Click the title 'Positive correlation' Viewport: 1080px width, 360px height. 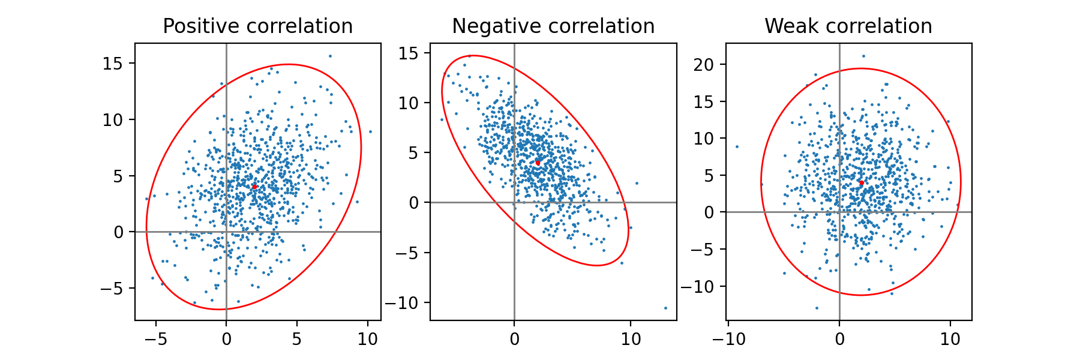pos(257,26)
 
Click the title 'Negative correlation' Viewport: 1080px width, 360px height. pos(553,26)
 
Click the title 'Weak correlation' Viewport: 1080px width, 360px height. pos(848,26)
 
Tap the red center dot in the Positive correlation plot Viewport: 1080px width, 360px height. pos(254,187)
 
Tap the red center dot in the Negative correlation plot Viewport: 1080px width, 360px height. pos(538,163)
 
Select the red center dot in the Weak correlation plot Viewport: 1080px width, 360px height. pos(861,182)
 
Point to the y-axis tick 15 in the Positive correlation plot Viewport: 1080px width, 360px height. pos(112,64)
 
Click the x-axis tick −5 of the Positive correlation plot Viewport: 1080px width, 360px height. pos(155,339)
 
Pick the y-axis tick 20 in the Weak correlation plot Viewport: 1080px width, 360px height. pos(706,64)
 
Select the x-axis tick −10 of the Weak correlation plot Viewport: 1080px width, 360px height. pos(728,339)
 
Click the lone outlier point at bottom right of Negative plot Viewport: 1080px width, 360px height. pos(665,308)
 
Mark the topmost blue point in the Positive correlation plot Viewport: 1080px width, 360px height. pos(330,56)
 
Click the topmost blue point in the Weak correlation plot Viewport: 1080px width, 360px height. pos(863,56)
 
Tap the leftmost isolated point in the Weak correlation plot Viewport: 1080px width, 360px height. pos(737,146)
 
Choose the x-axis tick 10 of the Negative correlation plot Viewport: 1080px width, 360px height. pos(631,339)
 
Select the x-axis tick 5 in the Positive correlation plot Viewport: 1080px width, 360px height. pos(297,339)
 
